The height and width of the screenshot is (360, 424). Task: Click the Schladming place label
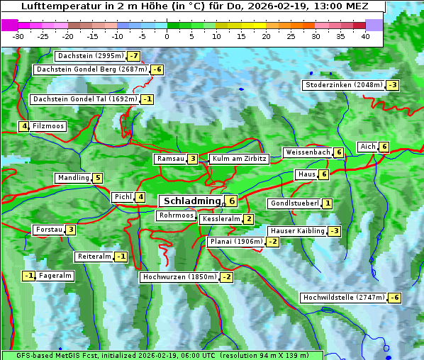(x=189, y=201)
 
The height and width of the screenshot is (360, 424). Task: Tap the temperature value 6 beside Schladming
(x=231, y=201)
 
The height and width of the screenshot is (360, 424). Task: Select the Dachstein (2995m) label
(x=90, y=56)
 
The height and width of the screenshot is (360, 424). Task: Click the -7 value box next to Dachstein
(x=133, y=56)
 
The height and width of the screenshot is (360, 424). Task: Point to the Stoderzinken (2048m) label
(x=344, y=85)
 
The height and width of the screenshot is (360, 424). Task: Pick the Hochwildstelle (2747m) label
(x=344, y=298)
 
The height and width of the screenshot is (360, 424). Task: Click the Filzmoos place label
(x=48, y=126)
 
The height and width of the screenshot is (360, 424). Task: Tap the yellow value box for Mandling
(x=97, y=178)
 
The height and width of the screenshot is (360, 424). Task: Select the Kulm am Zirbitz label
(x=239, y=159)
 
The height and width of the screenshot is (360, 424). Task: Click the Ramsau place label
(x=170, y=159)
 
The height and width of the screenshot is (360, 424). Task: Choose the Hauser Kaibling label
(x=296, y=231)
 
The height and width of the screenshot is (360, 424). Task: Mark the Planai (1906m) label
(x=236, y=242)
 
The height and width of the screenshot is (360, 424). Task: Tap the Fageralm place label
(x=55, y=276)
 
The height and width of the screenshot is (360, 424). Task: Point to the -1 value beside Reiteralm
(x=121, y=257)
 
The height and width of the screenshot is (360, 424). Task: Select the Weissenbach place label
(x=308, y=152)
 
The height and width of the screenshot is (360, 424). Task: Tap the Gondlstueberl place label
(x=294, y=203)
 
